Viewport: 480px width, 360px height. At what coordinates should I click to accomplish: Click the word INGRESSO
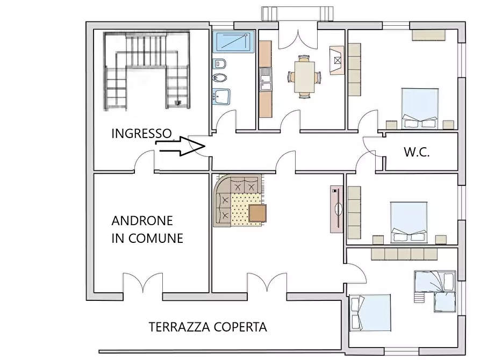click(x=141, y=134)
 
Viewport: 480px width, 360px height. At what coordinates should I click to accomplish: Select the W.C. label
click(x=417, y=152)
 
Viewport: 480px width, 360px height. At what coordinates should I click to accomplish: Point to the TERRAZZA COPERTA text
click(x=207, y=327)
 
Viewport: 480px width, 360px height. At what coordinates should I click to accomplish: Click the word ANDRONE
click(x=142, y=221)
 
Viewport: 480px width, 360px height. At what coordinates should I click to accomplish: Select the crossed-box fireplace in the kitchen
click(x=337, y=60)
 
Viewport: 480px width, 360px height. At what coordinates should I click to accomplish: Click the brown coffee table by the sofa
click(x=257, y=214)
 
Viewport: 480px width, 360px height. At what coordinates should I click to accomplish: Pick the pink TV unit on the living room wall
click(x=337, y=209)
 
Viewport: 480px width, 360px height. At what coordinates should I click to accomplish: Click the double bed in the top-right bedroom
click(x=420, y=108)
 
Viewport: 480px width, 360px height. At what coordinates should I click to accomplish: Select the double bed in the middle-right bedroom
click(x=409, y=222)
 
